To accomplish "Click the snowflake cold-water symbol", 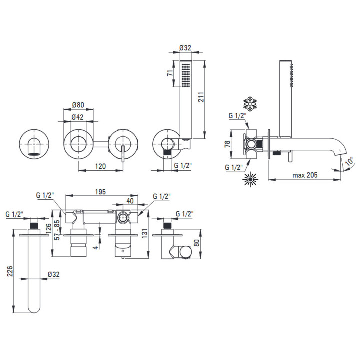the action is (x=250, y=104).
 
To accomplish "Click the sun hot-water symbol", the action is (x=250, y=179).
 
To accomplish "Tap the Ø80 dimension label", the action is (x=78, y=105).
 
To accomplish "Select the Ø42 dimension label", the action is (x=77, y=117).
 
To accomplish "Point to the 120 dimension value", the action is (x=100, y=166).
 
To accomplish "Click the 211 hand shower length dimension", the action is (x=201, y=97).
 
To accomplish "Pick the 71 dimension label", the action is (x=170, y=73).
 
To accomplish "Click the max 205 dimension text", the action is (x=305, y=175).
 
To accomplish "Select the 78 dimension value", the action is (x=227, y=144).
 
